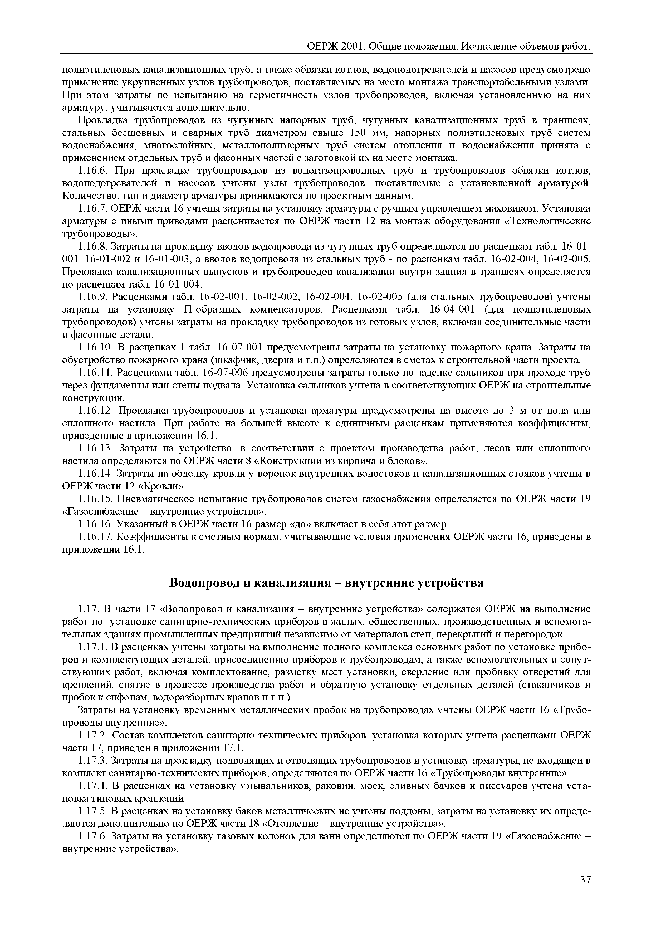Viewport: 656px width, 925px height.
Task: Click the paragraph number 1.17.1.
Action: tap(92, 646)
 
